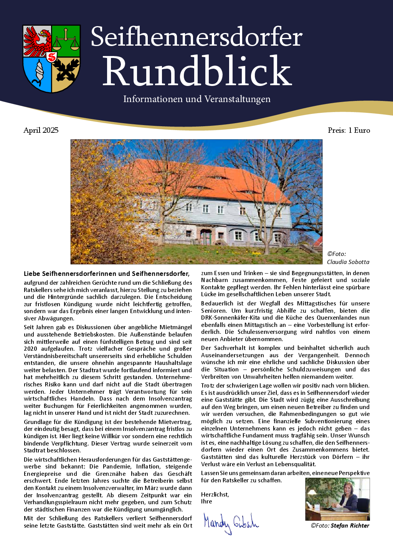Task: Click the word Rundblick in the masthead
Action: (x=197, y=71)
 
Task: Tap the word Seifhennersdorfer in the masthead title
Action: (x=196, y=37)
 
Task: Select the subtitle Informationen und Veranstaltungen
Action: (x=196, y=99)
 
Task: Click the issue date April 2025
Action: (x=41, y=130)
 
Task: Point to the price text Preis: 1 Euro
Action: (x=349, y=130)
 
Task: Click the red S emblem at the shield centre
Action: (x=51, y=57)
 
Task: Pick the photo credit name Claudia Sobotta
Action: (x=348, y=262)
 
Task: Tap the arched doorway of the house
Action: (x=206, y=236)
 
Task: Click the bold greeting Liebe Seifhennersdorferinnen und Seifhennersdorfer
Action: (x=106, y=274)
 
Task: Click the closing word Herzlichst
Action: (x=215, y=494)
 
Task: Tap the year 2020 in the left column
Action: (x=31, y=348)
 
